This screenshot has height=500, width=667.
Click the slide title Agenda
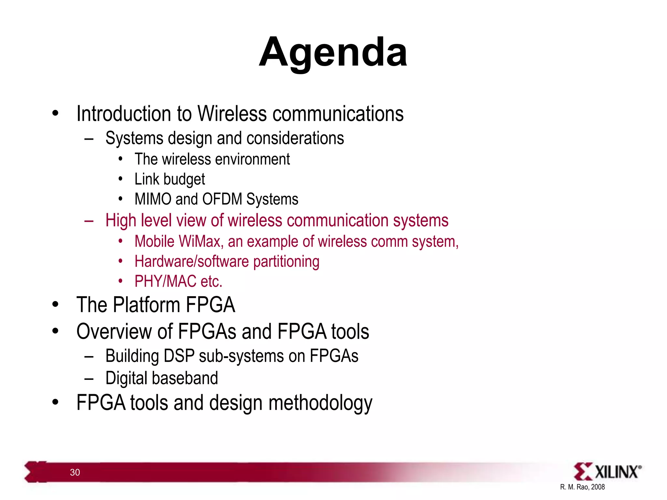pos(333,52)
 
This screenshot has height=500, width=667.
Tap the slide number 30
pos(75,472)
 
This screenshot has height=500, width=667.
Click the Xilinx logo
pos(607,471)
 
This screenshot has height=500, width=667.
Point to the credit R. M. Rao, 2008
pos(582,487)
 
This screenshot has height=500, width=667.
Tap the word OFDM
pos(222,199)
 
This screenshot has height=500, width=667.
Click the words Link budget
pos(170,179)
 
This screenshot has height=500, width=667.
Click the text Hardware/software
pos(192,262)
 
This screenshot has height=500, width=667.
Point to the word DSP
pos(179,356)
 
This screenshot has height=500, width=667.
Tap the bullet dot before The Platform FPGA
pos(55,305)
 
